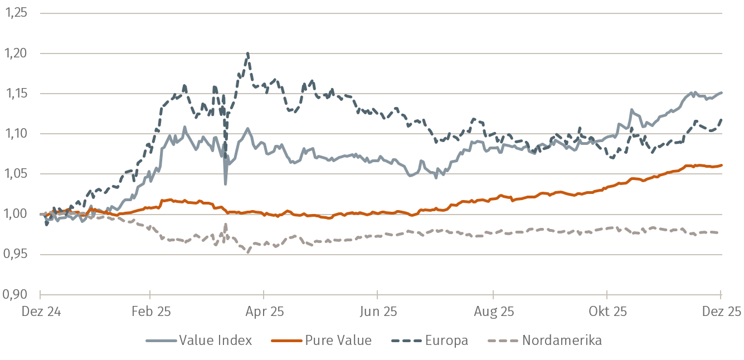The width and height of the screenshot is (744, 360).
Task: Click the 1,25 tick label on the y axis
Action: (x=16, y=13)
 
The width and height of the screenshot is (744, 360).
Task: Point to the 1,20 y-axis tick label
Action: (x=16, y=53)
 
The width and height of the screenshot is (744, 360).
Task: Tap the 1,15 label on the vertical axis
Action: (x=16, y=94)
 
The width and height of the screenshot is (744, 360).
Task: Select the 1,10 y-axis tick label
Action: (x=16, y=134)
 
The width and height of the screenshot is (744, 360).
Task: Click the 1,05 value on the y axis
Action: (x=16, y=174)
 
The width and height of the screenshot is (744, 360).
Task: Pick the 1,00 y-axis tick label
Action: (x=16, y=214)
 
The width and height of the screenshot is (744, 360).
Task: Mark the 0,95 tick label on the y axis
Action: (x=16, y=254)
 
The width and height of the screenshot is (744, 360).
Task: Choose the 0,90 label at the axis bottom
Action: (x=16, y=295)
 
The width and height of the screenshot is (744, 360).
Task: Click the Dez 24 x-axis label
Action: (x=40, y=311)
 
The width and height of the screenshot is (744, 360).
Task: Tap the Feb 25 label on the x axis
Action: (x=150, y=311)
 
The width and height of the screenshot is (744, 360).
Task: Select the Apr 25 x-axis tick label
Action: (x=264, y=311)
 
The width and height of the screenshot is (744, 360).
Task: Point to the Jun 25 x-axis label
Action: (x=378, y=311)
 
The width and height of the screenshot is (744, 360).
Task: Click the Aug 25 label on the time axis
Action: (x=493, y=311)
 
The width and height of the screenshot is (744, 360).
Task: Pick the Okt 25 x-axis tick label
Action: (x=607, y=311)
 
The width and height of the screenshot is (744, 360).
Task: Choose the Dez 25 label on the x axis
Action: (x=721, y=311)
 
